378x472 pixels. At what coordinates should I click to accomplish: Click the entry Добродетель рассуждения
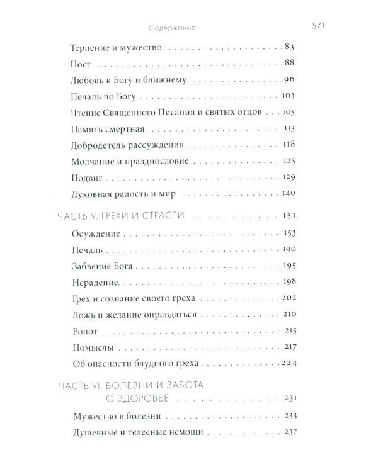[120, 145]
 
